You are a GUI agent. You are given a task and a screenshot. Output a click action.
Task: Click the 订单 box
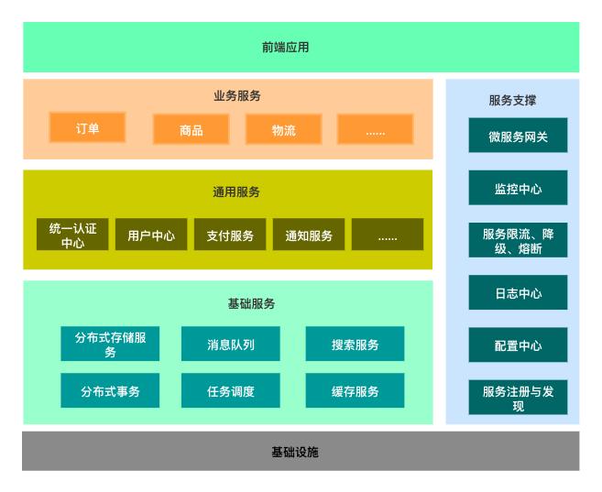[87, 129]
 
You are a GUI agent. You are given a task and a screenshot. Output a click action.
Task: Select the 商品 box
[191, 130]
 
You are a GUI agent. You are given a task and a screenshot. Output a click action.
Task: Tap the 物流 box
[283, 130]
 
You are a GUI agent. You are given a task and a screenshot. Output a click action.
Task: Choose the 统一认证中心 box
[72, 235]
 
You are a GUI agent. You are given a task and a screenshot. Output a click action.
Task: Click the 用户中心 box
[151, 235]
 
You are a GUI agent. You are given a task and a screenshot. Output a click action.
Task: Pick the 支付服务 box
[229, 235]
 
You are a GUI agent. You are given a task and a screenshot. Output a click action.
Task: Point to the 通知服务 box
[308, 235]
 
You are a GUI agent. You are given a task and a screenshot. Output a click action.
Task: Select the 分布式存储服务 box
[110, 344]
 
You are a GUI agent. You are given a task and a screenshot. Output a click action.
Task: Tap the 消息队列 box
[230, 344]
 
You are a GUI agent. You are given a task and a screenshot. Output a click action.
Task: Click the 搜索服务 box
[355, 344]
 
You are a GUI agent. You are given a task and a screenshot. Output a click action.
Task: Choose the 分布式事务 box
[110, 391]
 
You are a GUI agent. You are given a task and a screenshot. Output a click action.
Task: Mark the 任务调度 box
[230, 391]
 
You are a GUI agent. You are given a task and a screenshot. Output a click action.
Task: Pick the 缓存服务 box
[355, 391]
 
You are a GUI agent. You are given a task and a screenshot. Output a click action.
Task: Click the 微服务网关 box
[518, 136]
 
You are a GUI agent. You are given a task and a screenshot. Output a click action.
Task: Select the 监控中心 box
[518, 188]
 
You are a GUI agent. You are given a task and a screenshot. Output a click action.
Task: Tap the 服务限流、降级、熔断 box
[518, 240]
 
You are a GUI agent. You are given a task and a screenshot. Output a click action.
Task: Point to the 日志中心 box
[518, 293]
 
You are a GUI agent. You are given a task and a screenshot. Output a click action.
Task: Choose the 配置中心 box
[518, 345]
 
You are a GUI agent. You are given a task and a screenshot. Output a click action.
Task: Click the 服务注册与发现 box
[518, 398]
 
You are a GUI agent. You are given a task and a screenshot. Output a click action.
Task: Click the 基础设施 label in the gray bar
[301, 452]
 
